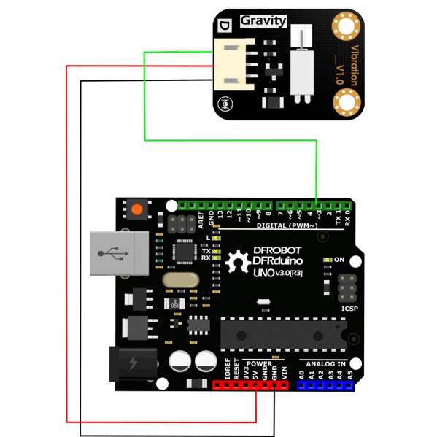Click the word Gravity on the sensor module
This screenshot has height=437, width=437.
click(x=263, y=21)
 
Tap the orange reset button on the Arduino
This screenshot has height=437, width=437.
click(x=136, y=211)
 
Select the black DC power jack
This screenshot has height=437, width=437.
click(x=132, y=363)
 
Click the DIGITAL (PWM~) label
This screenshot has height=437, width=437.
click(x=286, y=226)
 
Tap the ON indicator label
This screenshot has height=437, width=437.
click(x=339, y=259)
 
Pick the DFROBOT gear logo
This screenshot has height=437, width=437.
click(x=236, y=261)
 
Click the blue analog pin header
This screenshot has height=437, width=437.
click(x=325, y=384)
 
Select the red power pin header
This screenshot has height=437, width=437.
click(x=250, y=384)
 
